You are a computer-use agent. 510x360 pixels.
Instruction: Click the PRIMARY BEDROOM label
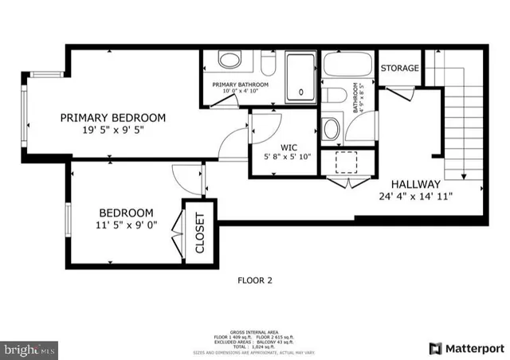coord(113,118)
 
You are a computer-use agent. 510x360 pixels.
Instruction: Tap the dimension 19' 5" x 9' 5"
coord(113,131)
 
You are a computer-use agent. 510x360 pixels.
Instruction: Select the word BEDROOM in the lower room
coord(126,213)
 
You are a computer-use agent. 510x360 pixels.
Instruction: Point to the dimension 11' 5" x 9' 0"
coord(126,225)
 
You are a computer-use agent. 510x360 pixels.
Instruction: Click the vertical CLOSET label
coord(199,233)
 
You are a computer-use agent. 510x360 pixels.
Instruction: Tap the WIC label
coord(288,147)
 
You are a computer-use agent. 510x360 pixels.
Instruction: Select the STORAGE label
coord(399,68)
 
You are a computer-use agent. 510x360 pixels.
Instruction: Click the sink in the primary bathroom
coord(229,61)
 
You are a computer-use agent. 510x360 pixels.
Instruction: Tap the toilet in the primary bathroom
coord(268,62)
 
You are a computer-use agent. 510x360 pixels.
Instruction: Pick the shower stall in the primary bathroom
coord(300,77)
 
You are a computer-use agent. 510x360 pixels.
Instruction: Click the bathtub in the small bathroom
coord(347,65)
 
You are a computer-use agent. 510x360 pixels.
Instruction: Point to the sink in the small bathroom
coord(331,128)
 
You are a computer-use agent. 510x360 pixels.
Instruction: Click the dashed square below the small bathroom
coord(347,162)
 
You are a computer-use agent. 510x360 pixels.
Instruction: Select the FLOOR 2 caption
coord(255,280)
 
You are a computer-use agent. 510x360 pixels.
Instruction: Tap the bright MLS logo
coord(29,349)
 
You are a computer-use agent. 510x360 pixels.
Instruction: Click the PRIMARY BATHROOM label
coord(240,84)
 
